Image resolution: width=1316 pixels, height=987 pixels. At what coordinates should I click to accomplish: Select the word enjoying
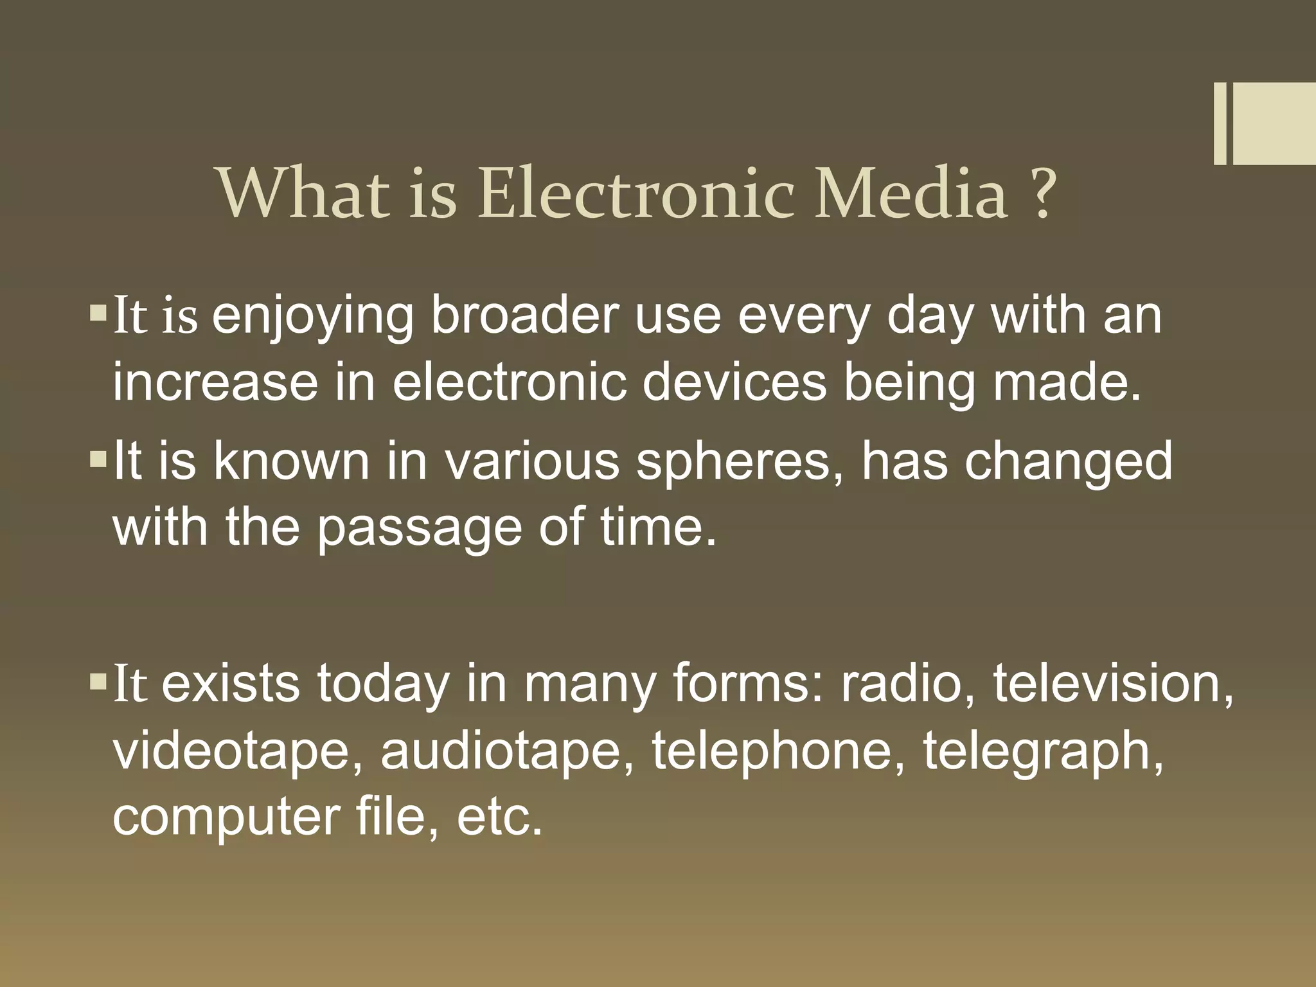[x=312, y=317]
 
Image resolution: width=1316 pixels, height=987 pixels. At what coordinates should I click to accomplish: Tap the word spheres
[x=740, y=463]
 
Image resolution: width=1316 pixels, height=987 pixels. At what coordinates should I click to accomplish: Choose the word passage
[x=419, y=528]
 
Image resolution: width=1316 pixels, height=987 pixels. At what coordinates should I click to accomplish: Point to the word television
[x=1113, y=684]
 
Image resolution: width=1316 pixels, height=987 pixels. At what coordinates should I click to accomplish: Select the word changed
[x=1068, y=463]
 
